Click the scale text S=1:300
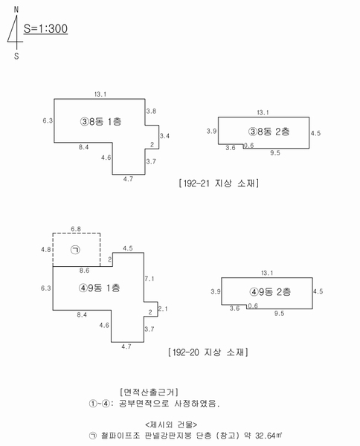45,29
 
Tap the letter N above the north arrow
16,10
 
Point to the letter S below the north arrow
16,56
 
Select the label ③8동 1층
100,122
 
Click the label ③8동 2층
269,132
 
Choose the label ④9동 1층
100,288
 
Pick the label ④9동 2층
270,292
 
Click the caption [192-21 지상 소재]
219,183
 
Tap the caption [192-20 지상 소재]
208,352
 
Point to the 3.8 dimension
151,111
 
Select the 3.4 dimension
164,136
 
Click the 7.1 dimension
150,279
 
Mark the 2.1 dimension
163,308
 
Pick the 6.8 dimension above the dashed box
76,229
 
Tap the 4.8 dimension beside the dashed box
46,250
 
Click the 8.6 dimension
84,271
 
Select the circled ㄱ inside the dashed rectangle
75,250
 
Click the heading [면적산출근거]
149,392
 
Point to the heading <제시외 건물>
171,424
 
